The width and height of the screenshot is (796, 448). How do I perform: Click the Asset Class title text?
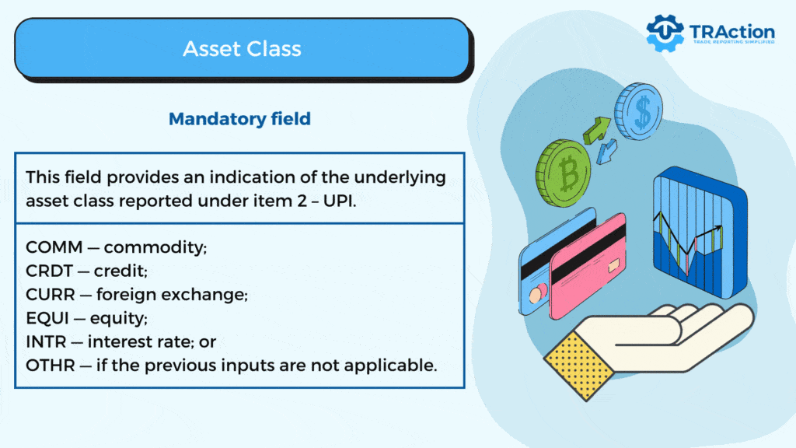pyautogui.click(x=243, y=49)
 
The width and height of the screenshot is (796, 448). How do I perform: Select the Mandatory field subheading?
pyautogui.click(x=239, y=119)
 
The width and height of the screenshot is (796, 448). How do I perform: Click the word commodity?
pyautogui.click(x=155, y=247)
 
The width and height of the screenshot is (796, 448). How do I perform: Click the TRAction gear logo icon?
pyautogui.click(x=665, y=33)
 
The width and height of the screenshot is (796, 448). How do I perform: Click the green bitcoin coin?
pyautogui.click(x=564, y=173)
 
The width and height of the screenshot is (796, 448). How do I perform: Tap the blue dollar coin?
pyautogui.click(x=639, y=111)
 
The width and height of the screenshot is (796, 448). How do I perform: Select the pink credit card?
pyautogui.click(x=588, y=266)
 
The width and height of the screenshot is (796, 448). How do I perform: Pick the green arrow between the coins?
pyautogui.click(x=596, y=130)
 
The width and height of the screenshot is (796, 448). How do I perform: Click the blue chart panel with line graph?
pyautogui.click(x=700, y=232)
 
